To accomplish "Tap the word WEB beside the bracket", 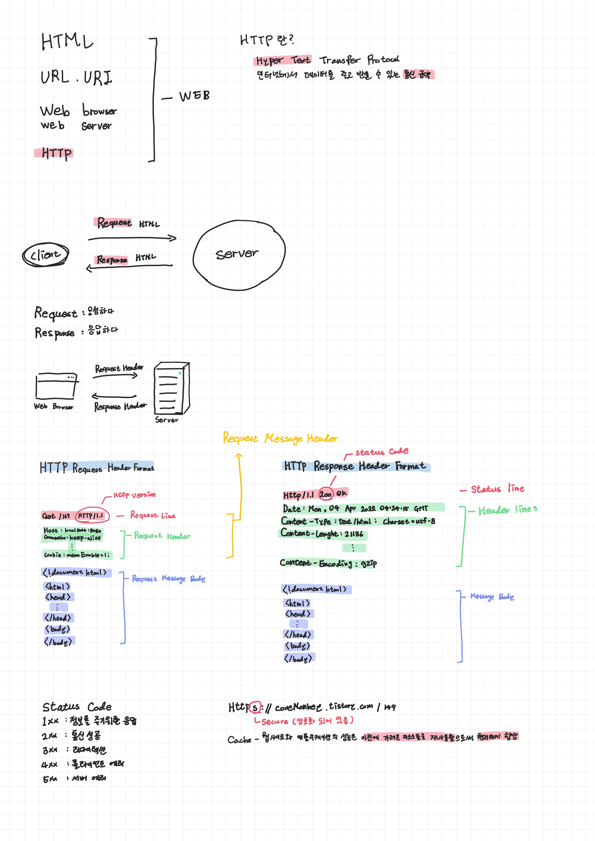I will tap(194, 96).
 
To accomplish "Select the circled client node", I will tap(46, 254).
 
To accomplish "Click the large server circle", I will tap(239, 255).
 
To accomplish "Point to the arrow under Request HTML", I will tap(132, 239).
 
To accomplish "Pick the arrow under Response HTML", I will tap(129, 266).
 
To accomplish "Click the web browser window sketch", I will tap(56, 386).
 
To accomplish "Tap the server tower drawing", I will tap(171, 388).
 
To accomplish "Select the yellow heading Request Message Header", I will tap(280, 438).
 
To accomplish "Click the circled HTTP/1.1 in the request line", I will tap(92, 516).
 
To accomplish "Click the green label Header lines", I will tap(507, 509).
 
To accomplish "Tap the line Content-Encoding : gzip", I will tap(328, 563).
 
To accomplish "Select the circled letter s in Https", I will tap(254, 707).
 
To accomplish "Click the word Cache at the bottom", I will tap(239, 740).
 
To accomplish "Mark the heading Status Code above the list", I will tap(77, 707).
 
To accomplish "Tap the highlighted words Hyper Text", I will tap(283, 60).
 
